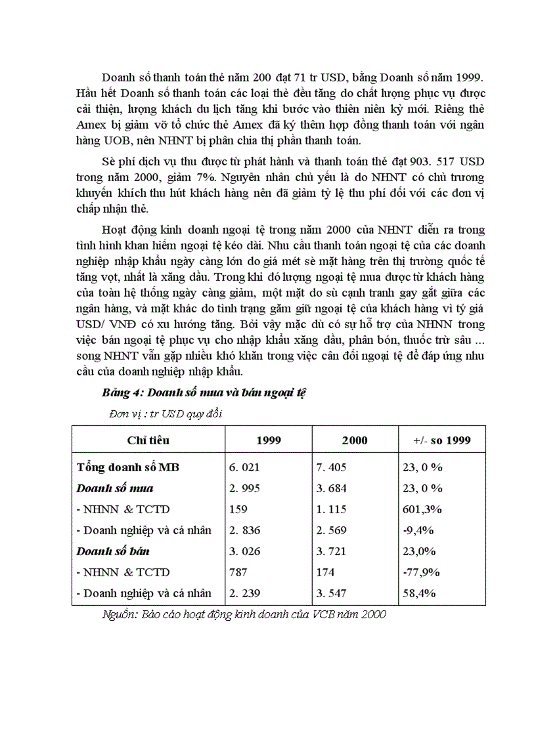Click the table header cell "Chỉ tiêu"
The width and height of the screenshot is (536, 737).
(148, 440)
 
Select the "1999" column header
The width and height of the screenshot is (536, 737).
(268, 440)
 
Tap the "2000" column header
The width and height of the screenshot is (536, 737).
(355, 440)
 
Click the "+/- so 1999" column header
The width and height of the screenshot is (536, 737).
(441, 440)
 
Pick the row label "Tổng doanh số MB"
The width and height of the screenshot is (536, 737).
(127, 467)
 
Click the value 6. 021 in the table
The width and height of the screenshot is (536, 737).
(244, 467)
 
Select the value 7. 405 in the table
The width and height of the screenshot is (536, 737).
(331, 467)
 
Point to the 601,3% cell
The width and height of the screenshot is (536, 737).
(421, 509)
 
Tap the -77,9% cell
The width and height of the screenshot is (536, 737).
(421, 572)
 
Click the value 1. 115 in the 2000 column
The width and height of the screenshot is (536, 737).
(331, 509)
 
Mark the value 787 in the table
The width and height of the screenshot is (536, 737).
(238, 572)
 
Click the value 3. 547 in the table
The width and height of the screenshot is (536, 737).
(331, 593)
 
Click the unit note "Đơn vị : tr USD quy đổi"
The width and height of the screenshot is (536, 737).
(168, 413)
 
